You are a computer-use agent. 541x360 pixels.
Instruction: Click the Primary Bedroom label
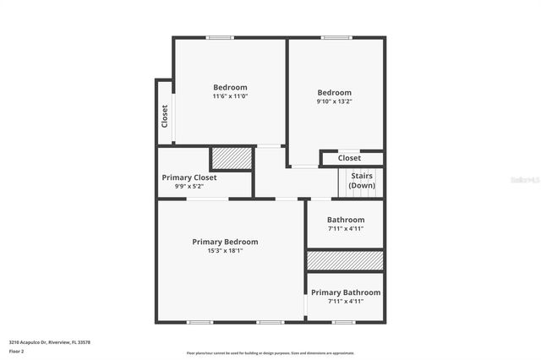coord(225,242)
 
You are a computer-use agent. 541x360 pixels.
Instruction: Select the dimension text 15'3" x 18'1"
coord(225,251)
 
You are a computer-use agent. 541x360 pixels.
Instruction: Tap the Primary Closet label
coord(189,177)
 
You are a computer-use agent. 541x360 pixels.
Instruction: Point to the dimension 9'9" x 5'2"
coord(189,187)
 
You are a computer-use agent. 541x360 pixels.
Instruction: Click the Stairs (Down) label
coord(362,181)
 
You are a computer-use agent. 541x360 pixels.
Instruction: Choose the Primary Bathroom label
coord(346,292)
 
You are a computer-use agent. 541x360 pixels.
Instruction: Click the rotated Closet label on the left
coord(165,116)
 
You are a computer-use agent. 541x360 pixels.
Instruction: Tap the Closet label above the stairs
coord(349,158)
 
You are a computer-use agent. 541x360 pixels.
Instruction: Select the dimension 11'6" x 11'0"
coord(230,96)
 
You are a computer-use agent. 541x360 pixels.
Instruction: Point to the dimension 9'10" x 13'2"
coord(335,101)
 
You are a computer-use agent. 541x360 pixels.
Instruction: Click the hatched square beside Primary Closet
coord(232,159)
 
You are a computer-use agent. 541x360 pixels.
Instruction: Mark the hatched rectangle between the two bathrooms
coord(345,260)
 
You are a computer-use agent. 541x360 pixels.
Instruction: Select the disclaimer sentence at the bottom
coord(270,353)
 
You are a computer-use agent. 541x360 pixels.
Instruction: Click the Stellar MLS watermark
coord(523,180)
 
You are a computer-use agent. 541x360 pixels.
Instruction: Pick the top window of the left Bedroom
coord(221,37)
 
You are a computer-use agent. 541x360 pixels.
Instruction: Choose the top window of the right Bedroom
coord(336,37)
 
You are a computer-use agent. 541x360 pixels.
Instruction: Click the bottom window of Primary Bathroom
coord(342,322)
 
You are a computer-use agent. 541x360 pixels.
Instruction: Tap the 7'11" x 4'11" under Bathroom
coord(346,229)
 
